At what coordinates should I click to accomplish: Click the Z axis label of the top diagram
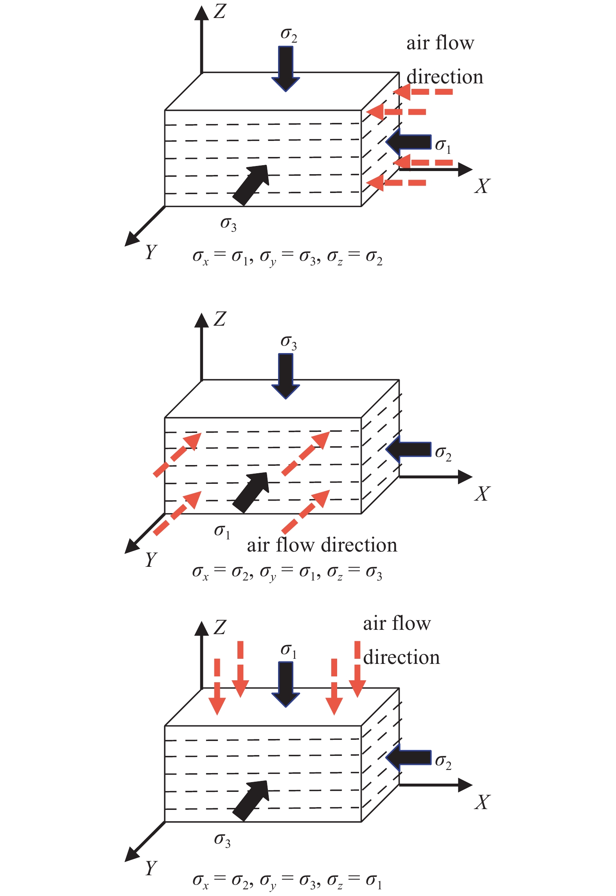point(220,11)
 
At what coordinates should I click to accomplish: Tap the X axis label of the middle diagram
point(482,494)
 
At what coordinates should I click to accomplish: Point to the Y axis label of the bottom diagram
point(151,868)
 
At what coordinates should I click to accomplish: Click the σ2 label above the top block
point(289,35)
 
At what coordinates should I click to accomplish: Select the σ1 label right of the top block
point(443,146)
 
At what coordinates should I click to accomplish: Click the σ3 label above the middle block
point(289,343)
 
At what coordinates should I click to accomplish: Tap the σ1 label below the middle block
point(222,532)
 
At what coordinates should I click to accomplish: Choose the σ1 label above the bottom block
point(289,651)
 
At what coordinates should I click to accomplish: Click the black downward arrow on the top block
point(286,69)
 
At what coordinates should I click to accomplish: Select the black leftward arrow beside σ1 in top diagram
point(408,142)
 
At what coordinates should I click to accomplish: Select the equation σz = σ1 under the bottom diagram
point(354,881)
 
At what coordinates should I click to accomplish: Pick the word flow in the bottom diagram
point(411,624)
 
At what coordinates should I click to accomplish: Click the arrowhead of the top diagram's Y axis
point(131,240)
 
